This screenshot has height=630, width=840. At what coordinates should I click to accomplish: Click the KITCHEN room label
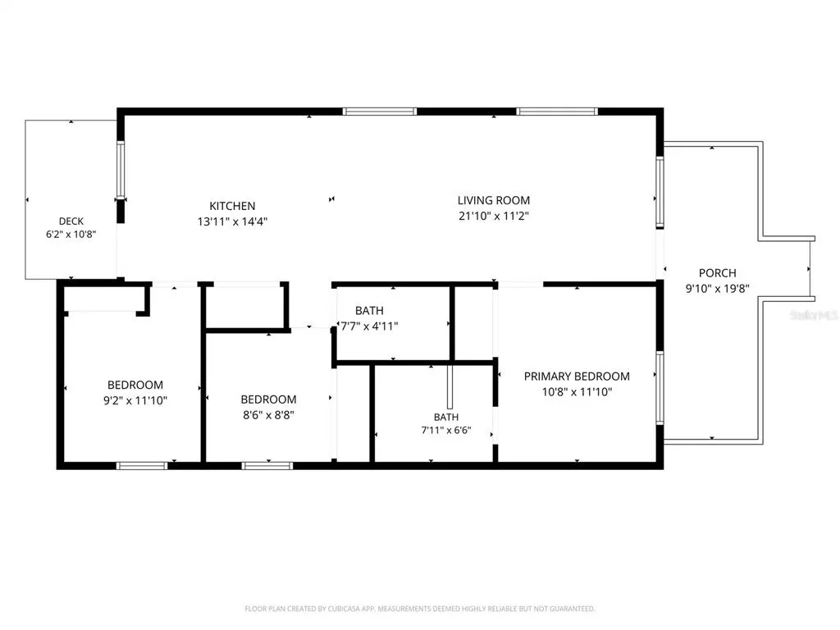[x=232, y=206]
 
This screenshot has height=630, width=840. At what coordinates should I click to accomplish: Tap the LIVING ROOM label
[x=493, y=200]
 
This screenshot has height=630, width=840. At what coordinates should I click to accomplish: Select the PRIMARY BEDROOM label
[x=577, y=376]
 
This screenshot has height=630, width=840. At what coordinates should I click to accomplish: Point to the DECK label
[x=71, y=221]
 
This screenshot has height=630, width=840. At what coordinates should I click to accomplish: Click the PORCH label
[x=717, y=272]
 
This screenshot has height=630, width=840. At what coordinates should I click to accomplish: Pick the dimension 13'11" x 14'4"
[x=232, y=221]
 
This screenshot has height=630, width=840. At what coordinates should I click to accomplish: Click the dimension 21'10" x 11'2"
[x=493, y=216]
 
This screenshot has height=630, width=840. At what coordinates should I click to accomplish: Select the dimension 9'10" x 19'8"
[x=717, y=288]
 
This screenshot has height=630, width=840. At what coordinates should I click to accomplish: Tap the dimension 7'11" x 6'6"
[x=445, y=430]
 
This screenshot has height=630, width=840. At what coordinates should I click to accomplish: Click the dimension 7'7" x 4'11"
[x=369, y=326]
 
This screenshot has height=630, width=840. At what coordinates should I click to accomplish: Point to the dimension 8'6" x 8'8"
[x=268, y=414]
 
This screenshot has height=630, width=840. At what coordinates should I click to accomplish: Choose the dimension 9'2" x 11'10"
[x=135, y=400]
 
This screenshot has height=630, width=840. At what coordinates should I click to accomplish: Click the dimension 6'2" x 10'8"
[x=71, y=234]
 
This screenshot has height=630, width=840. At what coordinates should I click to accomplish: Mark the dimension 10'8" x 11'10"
[x=577, y=391]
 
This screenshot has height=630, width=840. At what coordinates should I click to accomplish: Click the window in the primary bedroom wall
[x=660, y=388]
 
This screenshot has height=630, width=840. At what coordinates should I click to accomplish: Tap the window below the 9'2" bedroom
[x=142, y=466]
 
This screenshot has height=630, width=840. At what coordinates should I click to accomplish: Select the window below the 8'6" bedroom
[x=267, y=466]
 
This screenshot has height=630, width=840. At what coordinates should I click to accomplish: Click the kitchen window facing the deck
[x=121, y=169]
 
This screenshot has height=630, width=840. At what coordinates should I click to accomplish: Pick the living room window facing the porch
[x=660, y=192]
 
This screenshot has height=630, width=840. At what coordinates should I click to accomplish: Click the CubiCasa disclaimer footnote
[x=419, y=609]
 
